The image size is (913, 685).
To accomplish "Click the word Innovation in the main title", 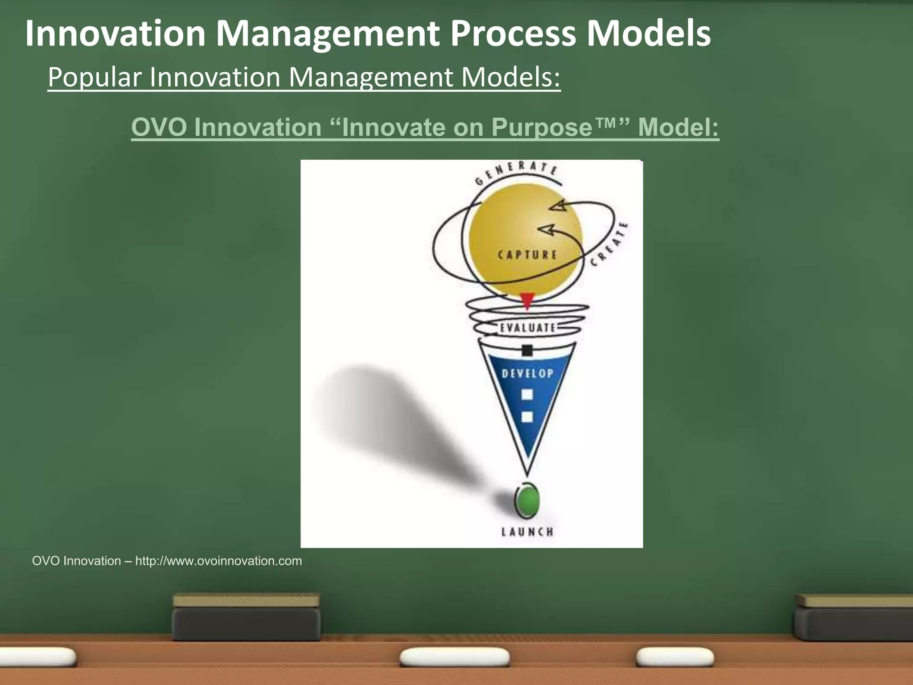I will click(x=115, y=33).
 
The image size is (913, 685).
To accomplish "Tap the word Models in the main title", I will click(x=648, y=33).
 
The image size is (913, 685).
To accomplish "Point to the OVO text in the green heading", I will click(x=159, y=127).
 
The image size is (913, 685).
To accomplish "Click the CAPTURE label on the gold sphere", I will click(x=527, y=255).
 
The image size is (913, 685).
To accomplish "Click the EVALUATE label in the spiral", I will click(x=527, y=328).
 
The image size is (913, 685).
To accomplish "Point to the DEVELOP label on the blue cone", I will click(x=527, y=373).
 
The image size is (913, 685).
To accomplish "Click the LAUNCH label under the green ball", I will click(x=527, y=532).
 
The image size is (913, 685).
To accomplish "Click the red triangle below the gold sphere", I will click(x=527, y=301).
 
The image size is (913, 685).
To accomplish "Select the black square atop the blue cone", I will click(x=527, y=351).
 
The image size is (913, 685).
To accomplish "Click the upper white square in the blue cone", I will click(x=527, y=394).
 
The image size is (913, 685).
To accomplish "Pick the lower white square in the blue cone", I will click(x=527, y=417).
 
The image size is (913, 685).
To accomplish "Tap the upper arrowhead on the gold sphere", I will click(x=558, y=206).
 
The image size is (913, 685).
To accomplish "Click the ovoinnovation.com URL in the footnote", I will click(x=218, y=561).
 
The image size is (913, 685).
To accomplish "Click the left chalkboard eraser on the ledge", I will click(x=246, y=618).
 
